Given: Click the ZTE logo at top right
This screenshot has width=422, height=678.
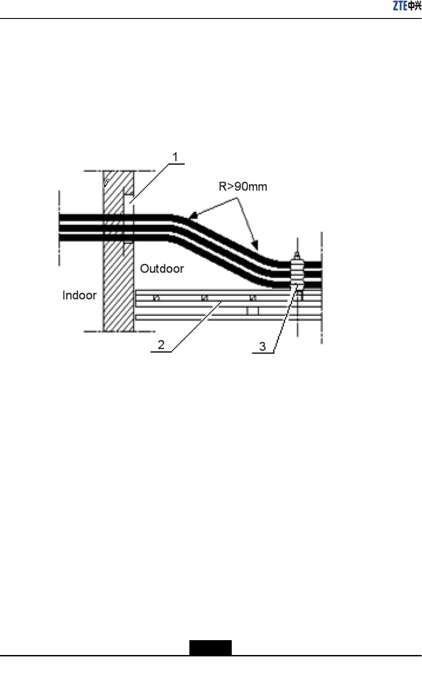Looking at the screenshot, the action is point(407,6).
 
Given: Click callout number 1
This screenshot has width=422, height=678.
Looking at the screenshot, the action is point(175,157).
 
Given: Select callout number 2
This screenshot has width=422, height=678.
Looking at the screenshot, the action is point(161,345).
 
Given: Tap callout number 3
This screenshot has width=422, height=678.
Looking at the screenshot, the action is point(262,347).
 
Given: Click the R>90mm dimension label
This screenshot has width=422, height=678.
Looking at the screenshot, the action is point(243,187).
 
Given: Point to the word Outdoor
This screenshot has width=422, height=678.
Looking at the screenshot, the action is point(162,269).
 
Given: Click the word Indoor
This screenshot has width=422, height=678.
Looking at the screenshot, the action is point(79,295).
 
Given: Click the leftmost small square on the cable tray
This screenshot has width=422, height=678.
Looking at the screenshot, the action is point(156,298).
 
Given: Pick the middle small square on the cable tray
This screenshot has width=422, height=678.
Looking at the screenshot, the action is point(205,298).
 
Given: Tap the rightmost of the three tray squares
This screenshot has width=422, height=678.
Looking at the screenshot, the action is point(253,298).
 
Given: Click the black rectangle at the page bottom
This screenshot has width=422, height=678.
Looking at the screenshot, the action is point(210,647).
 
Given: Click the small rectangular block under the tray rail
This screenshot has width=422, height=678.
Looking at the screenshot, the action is point(252,311).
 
